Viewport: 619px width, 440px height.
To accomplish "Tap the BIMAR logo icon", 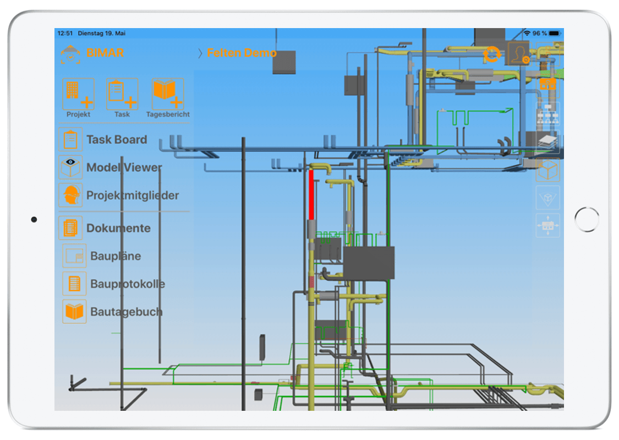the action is (x=70, y=54).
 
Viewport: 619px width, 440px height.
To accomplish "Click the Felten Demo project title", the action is (x=242, y=52).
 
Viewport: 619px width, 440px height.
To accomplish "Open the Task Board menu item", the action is (x=117, y=139).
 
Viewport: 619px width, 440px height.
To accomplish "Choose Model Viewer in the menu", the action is (x=124, y=167).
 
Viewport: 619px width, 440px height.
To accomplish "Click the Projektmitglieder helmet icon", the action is (x=70, y=195).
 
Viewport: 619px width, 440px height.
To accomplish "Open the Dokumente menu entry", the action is (x=118, y=228).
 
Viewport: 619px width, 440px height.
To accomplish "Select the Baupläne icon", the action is (x=75, y=256).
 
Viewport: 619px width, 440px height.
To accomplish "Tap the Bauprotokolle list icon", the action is (x=75, y=284).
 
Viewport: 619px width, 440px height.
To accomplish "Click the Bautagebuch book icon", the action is (x=75, y=312).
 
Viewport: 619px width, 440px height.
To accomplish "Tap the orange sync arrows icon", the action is (x=491, y=54).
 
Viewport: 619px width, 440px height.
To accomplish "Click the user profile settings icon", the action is (x=519, y=53).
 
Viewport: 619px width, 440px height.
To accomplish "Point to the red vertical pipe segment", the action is (x=311, y=195).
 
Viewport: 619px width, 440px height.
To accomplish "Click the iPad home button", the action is (x=587, y=220).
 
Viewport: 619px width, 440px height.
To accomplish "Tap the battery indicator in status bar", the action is (x=555, y=33).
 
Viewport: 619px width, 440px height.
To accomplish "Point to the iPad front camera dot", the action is (x=34, y=220).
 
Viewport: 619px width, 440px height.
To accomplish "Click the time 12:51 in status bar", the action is (x=65, y=33).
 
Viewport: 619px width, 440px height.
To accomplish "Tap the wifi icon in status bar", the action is (x=527, y=33).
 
